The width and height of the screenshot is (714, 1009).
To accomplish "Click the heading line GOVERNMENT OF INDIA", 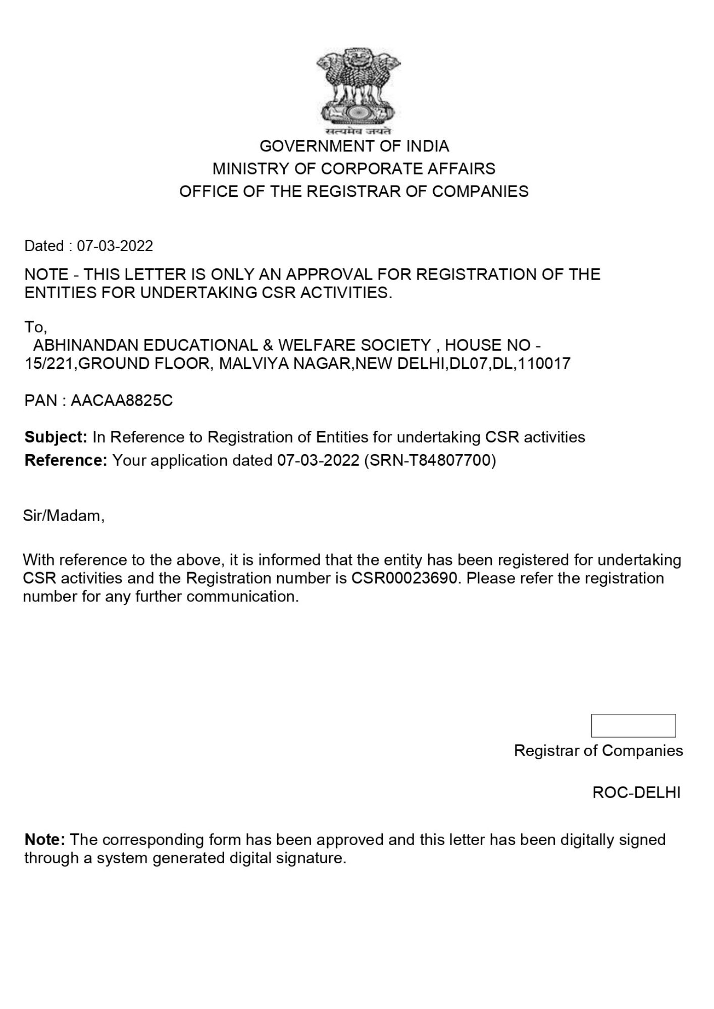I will point(354,146).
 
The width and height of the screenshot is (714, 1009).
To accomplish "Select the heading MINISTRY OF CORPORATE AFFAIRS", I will point(354,169).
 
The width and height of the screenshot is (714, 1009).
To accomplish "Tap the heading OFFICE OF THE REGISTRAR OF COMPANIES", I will point(354,192).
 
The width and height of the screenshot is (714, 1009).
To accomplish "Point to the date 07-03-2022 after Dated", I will point(115,246).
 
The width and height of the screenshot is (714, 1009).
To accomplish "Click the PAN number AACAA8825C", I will point(122,401).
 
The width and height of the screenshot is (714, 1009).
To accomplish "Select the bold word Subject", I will point(56,437).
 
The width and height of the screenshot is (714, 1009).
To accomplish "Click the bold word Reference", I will point(65,461).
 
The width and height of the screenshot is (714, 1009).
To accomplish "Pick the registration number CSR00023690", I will point(406,578).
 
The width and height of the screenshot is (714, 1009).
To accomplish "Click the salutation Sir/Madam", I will point(64,516).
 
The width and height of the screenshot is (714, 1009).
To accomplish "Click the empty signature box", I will point(633,725).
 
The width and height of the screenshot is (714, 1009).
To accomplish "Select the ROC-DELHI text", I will point(636,793).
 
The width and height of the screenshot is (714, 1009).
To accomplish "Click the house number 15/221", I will point(49,364).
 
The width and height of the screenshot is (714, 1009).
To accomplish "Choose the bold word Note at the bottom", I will point(44,840).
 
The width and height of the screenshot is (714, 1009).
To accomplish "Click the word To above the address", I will point(34,327).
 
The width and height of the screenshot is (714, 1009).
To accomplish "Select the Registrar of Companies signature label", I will point(598,751).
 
